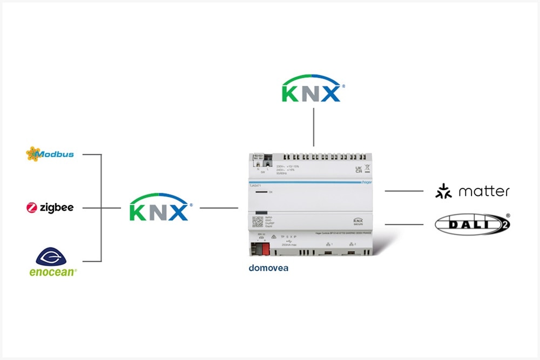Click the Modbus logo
(x=50, y=154)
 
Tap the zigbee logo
(x=50, y=207)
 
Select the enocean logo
(x=52, y=262)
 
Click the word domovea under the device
(x=268, y=268)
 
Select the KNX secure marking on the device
(x=357, y=221)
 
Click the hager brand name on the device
(x=367, y=182)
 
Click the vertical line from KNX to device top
(x=313, y=127)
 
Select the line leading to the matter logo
(x=404, y=191)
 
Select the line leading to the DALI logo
(x=404, y=223)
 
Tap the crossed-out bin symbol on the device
(x=367, y=168)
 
